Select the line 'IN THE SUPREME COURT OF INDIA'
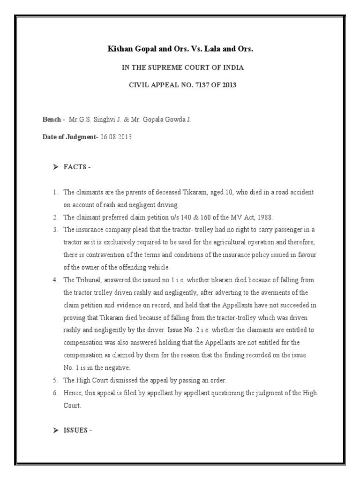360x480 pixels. [183, 67]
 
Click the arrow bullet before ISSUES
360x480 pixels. [56, 430]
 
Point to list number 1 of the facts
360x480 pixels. [55, 193]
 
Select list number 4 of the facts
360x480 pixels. [55, 280]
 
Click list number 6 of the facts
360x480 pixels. [55, 393]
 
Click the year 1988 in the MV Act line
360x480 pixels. [264, 217]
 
